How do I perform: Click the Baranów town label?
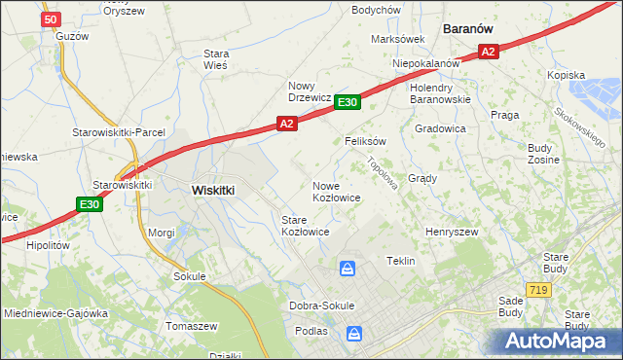tap(472, 29)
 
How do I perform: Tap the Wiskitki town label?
tap(213, 191)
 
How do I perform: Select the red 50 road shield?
tap(53, 19)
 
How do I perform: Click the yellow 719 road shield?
tap(537, 290)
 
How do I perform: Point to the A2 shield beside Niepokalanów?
tap(489, 53)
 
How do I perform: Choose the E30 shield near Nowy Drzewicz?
tap(348, 101)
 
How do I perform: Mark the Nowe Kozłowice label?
tap(337, 191)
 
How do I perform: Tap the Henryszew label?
tap(452, 232)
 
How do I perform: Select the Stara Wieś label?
tap(215, 59)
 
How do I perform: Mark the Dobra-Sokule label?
tap(321, 306)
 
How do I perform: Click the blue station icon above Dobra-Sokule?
tap(348, 268)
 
